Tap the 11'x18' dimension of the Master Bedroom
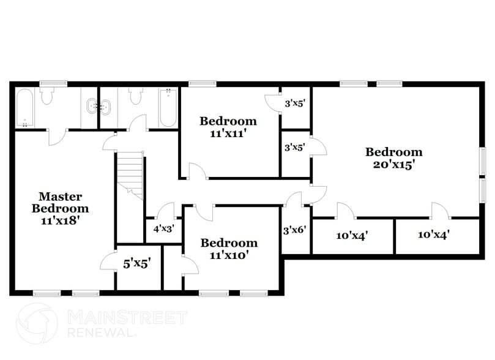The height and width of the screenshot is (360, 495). coord(59,219)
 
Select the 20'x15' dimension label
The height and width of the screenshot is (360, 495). coord(393,163)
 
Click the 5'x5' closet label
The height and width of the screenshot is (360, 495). coord(137,264)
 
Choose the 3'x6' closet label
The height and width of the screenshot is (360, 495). coord(294,231)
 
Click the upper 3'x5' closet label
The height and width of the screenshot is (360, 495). coord(294,103)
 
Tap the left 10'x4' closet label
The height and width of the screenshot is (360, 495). coord(352,234)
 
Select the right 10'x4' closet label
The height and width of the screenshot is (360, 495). coord(434,234)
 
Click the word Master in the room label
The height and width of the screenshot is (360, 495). coord(60,197)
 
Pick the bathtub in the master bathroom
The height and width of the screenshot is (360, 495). coord(25,108)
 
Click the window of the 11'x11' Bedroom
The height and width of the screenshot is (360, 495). coord(198,84)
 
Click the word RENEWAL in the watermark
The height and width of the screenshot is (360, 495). coord(102,332)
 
